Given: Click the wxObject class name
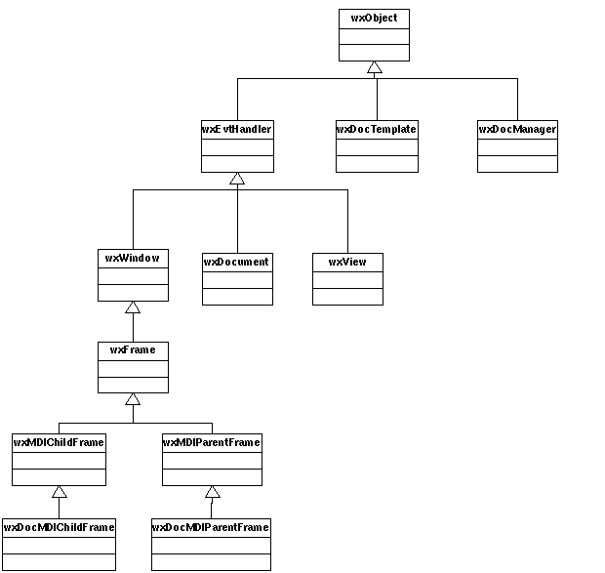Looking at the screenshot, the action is tap(374, 19).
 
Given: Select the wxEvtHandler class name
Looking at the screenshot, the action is tap(236, 129).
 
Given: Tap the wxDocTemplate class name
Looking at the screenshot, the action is tap(377, 129).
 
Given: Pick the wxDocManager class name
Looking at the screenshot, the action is tap(517, 129).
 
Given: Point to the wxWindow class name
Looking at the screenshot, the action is tap(133, 258).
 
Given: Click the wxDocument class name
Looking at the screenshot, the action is tap(236, 262).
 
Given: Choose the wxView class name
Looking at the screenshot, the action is tap(347, 262).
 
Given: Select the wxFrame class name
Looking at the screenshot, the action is tap(133, 350).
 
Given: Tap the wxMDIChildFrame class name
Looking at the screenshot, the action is tap(59, 442).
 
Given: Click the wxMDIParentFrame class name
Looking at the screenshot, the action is tap(212, 442).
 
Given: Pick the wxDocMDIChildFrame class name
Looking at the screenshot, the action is tap(59, 527).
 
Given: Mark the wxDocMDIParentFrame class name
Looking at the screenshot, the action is tap(211, 527).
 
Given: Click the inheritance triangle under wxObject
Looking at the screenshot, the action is tap(375, 67).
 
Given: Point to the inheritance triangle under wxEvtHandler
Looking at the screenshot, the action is tap(237, 179).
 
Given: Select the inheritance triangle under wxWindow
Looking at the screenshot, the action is tap(133, 307).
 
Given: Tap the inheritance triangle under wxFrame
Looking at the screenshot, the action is tap(133, 399).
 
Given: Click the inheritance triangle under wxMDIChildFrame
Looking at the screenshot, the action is tap(60, 492).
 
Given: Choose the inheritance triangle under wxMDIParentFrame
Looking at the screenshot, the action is tap(213, 492).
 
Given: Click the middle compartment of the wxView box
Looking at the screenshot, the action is tap(347, 280).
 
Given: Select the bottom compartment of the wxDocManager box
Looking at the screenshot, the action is tap(517, 164).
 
